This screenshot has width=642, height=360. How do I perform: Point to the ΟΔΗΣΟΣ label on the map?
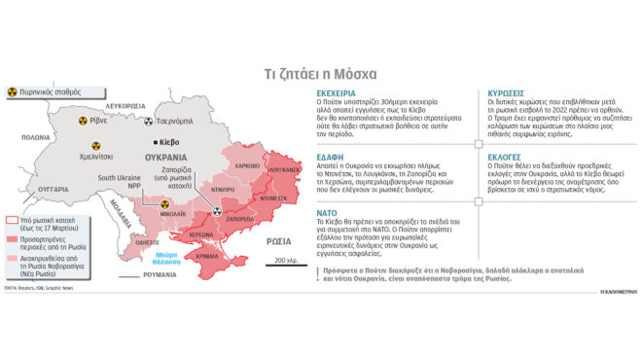point(149,215)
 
